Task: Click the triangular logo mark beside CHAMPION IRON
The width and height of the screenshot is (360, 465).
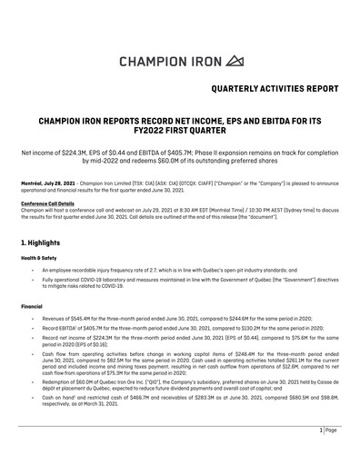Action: pos(235,61)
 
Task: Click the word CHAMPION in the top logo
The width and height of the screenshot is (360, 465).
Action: pos(155,61)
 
